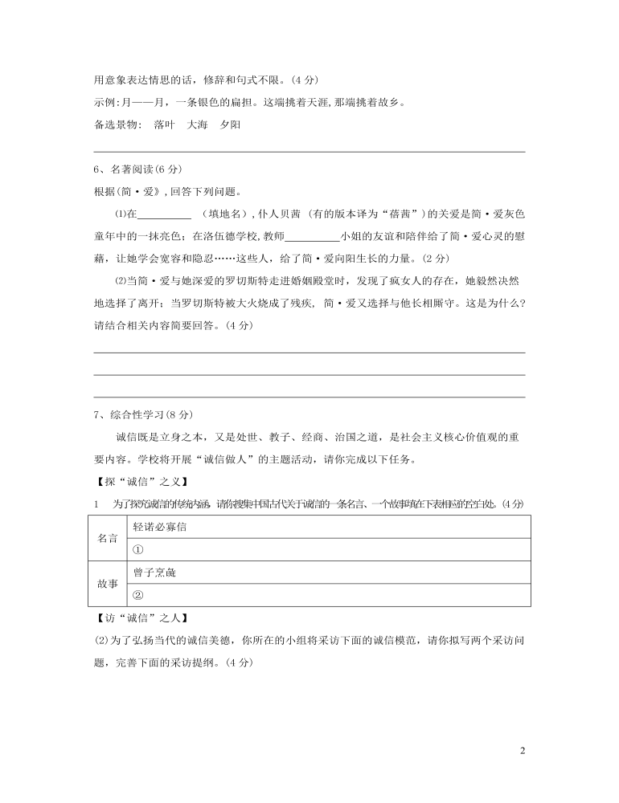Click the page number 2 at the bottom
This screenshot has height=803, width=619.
[523, 752]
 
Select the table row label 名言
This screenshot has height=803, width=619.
[108, 538]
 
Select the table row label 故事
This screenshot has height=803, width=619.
[108, 584]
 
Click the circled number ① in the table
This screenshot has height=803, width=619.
[137, 549]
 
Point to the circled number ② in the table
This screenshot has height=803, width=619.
[137, 595]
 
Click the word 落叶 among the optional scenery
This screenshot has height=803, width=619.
[164, 124]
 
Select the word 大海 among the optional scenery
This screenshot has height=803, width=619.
[197, 124]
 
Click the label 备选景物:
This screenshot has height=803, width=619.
[117, 124]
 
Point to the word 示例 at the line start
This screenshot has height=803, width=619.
[105, 102]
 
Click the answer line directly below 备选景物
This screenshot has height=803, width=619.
[309, 150]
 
